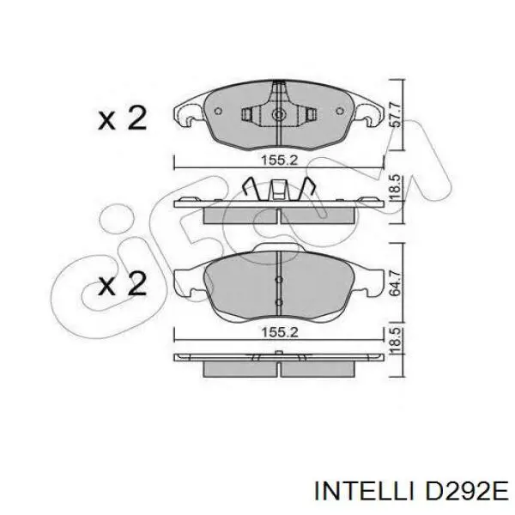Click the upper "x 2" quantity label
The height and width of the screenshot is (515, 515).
pyautogui.click(x=122, y=118)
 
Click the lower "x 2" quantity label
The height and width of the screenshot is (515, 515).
pyautogui.click(x=122, y=284)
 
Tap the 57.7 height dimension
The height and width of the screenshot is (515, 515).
pyautogui.click(x=396, y=115)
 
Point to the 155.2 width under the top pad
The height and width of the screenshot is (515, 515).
pyautogui.click(x=279, y=161)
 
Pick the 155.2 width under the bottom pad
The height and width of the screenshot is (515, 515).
pyautogui.click(x=279, y=333)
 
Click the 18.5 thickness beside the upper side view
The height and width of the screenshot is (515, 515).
pyautogui.click(x=396, y=188)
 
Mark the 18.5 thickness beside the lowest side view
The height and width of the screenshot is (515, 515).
pyautogui.click(x=396, y=342)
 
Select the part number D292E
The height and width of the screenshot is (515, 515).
pyautogui.click(x=466, y=492)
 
